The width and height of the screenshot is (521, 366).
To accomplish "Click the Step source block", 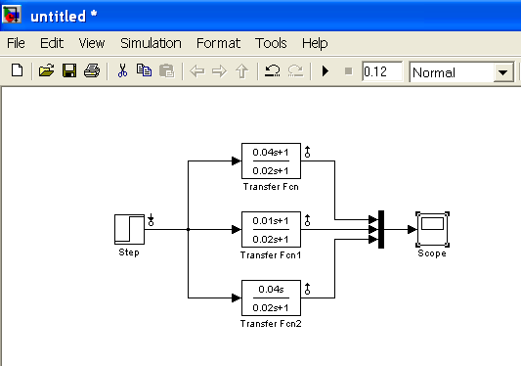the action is (x=129, y=229).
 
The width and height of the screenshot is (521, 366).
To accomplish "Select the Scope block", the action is (x=432, y=229).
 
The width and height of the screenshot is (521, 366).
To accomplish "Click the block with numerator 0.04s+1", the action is (x=271, y=161).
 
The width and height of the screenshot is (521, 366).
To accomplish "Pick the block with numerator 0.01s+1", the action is (x=271, y=229).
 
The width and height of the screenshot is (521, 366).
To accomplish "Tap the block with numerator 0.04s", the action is (x=271, y=297).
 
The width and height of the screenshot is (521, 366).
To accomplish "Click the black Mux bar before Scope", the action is (x=381, y=229).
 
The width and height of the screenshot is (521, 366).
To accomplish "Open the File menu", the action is (x=16, y=43).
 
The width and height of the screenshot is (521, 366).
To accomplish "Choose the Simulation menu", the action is (x=151, y=43).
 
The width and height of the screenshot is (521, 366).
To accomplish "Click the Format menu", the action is (x=218, y=43).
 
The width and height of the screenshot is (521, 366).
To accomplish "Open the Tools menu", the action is (x=271, y=43).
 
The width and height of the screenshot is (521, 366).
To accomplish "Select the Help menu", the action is (x=315, y=43).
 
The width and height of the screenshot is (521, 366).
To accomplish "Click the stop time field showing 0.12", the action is (x=382, y=71).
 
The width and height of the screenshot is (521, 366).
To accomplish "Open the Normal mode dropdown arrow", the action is (x=503, y=71).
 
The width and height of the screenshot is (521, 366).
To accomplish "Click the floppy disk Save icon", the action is (x=69, y=70).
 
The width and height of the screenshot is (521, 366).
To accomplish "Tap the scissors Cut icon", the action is (x=122, y=70).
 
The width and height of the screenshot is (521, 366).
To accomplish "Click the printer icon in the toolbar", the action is (x=92, y=70).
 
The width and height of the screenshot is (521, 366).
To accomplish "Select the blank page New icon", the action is (x=17, y=70).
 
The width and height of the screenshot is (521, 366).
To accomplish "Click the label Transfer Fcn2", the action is (x=271, y=323).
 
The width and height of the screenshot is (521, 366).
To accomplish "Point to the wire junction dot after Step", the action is (x=188, y=229).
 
